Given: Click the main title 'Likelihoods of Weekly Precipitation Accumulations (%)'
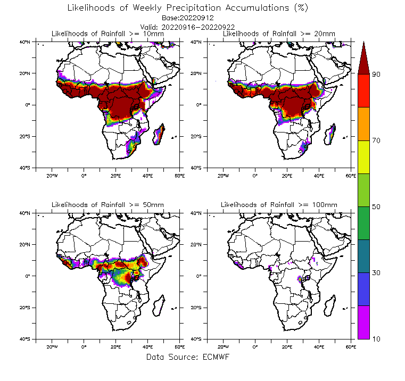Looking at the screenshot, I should coord(188,8).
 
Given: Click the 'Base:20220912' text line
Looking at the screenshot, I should coord(187,18).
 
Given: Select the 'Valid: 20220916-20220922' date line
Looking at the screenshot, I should coord(187,27).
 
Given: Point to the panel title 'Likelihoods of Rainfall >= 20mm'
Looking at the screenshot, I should coord(279,34).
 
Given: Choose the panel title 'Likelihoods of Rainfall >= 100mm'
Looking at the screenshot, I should coord(279,205).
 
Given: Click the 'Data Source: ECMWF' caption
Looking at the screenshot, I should coord(187,357).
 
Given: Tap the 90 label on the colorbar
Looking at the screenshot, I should coord(376,74).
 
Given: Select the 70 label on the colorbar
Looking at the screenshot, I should coord(376,140).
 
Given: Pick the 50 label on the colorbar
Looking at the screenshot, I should coord(376,206).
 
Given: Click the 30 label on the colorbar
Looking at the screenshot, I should coord(376,272).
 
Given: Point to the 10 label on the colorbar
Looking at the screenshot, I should coord(376,338).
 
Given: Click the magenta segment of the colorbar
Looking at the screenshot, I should coord(363,322).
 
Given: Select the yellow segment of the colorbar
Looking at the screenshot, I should coord(363,157).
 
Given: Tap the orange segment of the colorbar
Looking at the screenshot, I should coord(363,124).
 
